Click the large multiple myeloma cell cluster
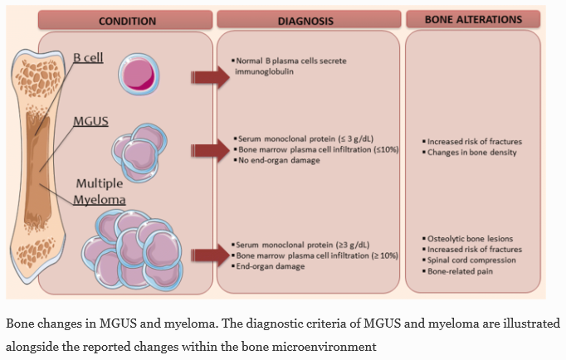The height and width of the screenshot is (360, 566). (x=133, y=245)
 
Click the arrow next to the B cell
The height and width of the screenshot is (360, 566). (x=207, y=77)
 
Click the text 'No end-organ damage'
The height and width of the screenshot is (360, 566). (x=276, y=159)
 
